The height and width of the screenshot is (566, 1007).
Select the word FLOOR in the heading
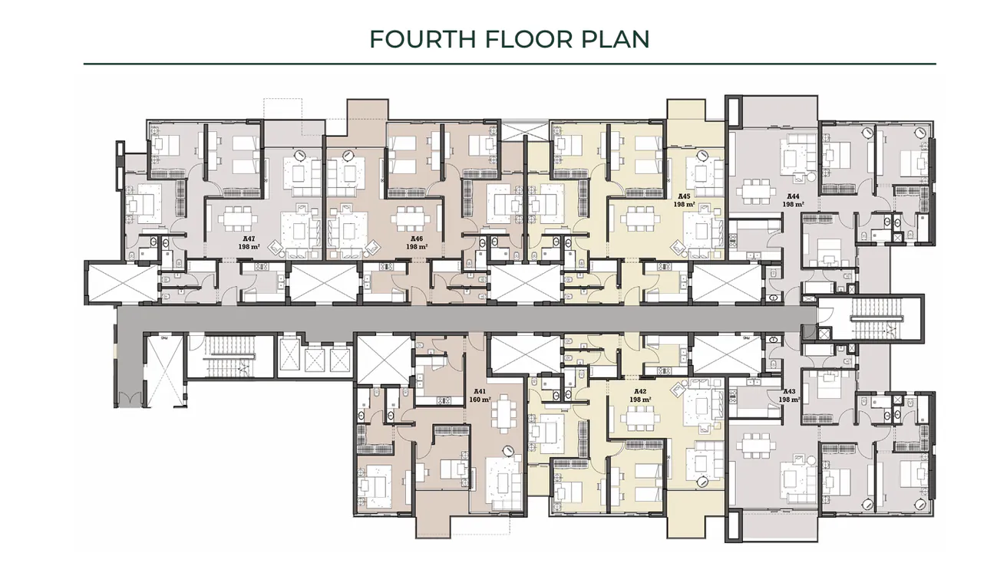coord(526,39)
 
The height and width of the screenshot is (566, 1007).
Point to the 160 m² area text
coord(480,400)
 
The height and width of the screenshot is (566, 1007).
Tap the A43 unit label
coord(790,391)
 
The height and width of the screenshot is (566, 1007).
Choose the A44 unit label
coord(793,196)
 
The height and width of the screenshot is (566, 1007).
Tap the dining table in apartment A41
coord(503,415)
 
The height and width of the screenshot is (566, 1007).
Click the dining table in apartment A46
coord(407,221)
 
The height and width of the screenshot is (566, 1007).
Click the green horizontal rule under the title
coord(510,64)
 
